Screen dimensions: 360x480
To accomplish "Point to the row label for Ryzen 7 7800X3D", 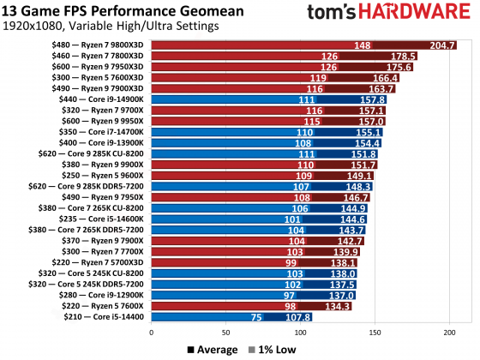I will point(102,57).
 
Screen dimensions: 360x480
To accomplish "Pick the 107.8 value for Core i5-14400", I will point(297,316).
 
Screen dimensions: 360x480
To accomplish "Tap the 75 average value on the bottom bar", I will point(255,316).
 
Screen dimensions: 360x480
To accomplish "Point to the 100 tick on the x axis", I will point(299,333).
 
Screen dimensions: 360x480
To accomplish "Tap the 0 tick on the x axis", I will point(152,333).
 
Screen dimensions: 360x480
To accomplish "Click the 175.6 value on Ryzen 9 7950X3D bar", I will point(398,67).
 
